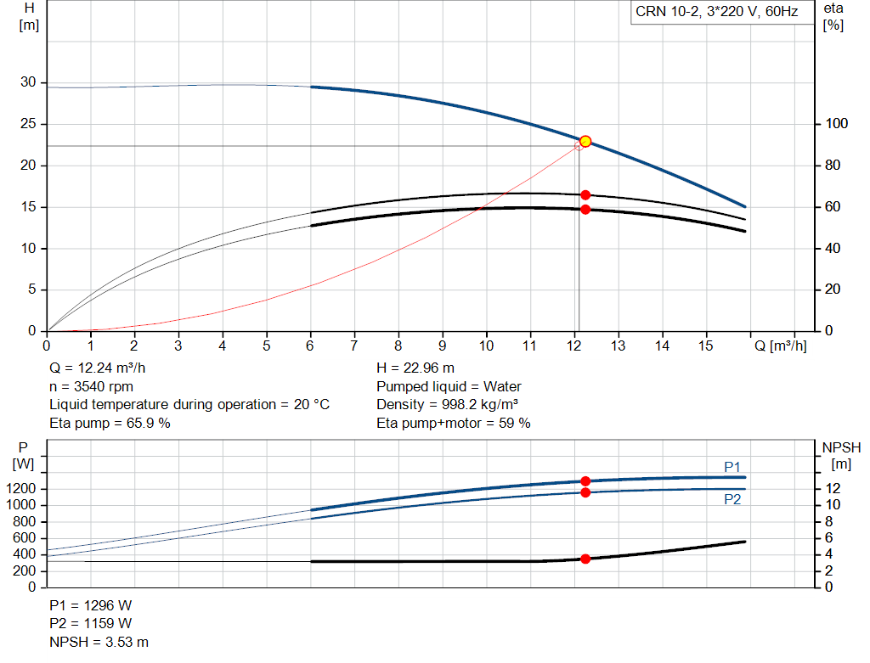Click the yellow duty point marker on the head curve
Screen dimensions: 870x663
(585, 142)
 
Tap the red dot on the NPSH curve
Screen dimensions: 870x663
(585, 559)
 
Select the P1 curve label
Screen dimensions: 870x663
(732, 467)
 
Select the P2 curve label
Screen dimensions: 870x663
(732, 499)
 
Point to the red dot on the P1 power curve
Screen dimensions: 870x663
(585, 481)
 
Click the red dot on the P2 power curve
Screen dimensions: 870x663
(585, 492)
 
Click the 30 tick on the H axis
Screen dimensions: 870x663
(28, 82)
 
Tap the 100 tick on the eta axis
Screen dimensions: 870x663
(836, 124)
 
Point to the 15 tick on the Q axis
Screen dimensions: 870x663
(705, 346)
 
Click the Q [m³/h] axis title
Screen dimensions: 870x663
(781, 346)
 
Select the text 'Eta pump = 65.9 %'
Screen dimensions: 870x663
(110, 423)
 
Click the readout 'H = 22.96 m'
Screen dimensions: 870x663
(415, 368)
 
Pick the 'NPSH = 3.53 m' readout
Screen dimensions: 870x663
(99, 642)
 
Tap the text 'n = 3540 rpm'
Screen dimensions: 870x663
(92, 386)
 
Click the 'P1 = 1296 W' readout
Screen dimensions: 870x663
(90, 605)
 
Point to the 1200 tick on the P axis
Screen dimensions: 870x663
(21, 488)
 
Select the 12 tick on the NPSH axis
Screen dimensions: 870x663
(833, 488)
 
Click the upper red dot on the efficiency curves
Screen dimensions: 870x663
(585, 195)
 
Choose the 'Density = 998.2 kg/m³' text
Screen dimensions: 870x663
(447, 405)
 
